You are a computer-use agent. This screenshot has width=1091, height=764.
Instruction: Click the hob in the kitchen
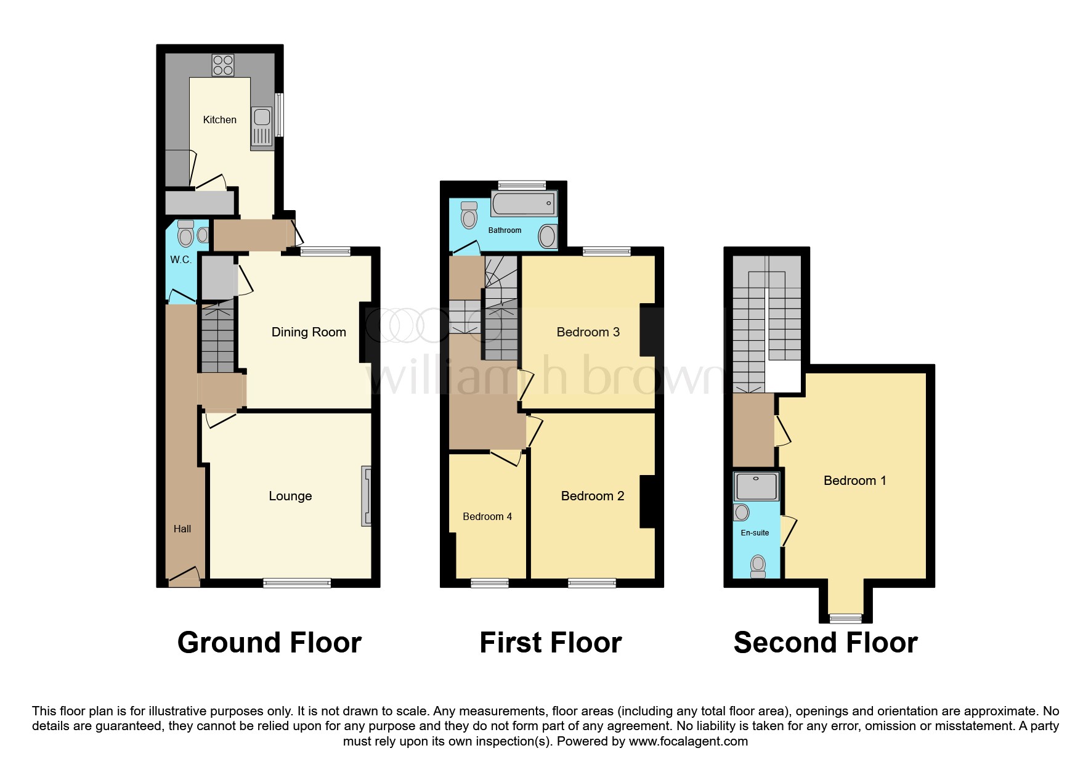tap(223, 65)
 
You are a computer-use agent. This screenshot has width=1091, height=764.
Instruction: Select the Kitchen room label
tap(220, 120)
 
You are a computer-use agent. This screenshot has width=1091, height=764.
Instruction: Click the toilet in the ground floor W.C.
tap(185, 234)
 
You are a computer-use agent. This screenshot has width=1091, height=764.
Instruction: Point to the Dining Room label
tap(309, 332)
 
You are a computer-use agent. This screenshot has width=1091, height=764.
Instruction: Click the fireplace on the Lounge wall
tap(367, 496)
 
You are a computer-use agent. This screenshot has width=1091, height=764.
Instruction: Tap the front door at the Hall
tap(184, 579)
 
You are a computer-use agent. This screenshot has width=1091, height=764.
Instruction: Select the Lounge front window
tap(297, 583)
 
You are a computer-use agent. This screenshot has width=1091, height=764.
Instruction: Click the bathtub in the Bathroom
tap(524, 204)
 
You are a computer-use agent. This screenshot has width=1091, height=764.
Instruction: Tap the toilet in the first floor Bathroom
tap(469, 215)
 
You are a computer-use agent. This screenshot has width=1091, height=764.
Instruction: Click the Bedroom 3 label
tap(588, 332)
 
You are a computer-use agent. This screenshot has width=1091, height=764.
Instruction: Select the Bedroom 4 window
tap(490, 583)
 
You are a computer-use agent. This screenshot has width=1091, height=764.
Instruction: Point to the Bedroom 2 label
tap(593, 496)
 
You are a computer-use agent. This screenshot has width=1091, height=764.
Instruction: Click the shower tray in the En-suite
tap(756, 487)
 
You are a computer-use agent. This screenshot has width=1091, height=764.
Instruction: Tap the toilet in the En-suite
tap(758, 566)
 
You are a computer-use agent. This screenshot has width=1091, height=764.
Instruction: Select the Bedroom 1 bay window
tap(845, 618)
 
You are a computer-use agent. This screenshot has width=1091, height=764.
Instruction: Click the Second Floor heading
tap(825, 643)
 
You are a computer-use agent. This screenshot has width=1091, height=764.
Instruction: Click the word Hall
tap(182, 529)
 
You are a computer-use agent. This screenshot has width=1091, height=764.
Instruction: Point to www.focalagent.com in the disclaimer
tap(688, 741)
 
